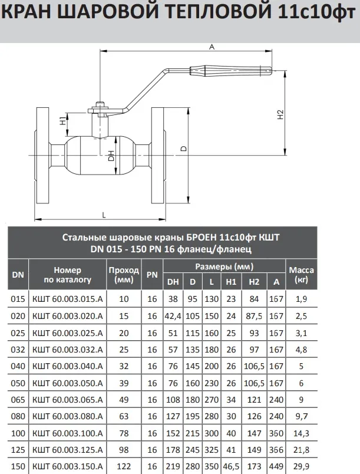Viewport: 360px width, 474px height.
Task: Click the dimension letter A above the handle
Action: click(211, 49)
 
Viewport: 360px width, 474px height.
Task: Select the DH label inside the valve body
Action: click(111, 156)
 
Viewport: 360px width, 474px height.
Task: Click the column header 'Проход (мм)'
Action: click(123, 274)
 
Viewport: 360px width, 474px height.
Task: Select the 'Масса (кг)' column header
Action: click(300, 274)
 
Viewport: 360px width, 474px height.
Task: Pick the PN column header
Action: click(152, 274)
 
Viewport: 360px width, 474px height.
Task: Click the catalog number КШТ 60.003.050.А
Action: click(68, 383)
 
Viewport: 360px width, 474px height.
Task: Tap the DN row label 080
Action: click(18, 417)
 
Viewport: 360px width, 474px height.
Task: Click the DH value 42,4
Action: click(173, 317)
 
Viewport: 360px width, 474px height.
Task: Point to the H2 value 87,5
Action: click(254, 317)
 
